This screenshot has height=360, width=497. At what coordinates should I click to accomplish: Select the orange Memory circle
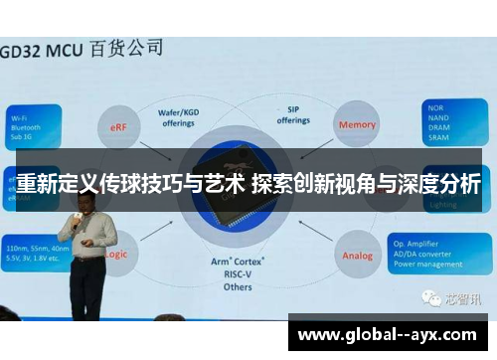coord(357,125)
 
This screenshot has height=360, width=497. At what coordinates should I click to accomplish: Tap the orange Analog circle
coord(357,256)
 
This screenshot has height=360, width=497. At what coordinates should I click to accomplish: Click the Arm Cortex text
coord(238,262)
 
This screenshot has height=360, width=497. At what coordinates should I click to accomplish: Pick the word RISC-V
coord(238,273)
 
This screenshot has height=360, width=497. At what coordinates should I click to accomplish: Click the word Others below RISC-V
coord(238,286)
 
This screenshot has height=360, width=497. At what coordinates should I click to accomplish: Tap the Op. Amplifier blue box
coord(447,254)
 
